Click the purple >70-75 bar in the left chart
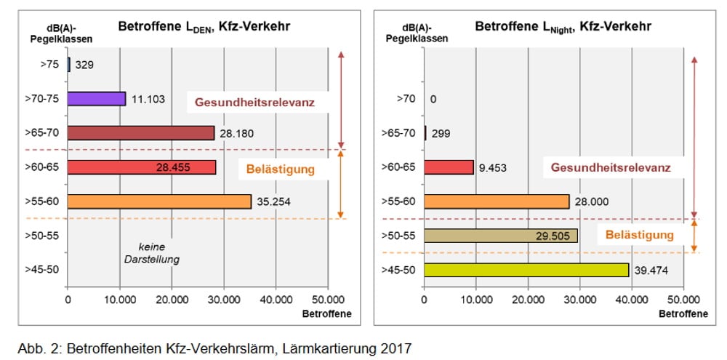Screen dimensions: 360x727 pyautogui.click(x=97, y=99)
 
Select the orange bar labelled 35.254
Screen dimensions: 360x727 pyautogui.click(x=159, y=201)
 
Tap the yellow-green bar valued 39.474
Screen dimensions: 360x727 pyautogui.click(x=526, y=270)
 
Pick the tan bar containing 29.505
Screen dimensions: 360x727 pyautogui.click(x=500, y=236)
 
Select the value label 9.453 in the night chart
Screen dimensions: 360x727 pyautogui.click(x=494, y=168)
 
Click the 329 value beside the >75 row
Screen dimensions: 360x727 pyautogui.click(x=84, y=65)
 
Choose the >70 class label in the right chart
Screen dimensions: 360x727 pyautogui.click(x=406, y=99)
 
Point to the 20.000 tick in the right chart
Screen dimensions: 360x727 pyautogui.click(x=528, y=300)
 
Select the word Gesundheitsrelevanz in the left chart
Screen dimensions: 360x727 pyautogui.click(x=254, y=103)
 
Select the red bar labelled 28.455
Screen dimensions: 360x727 pyautogui.click(x=142, y=167)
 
